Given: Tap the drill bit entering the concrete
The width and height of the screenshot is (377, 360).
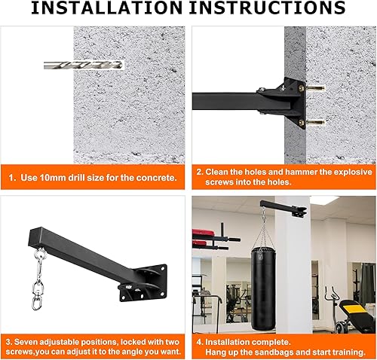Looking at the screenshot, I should click(83, 66).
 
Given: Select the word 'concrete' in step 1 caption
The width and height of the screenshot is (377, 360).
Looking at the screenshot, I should click(155, 178).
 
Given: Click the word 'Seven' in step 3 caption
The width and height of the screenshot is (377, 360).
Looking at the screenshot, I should click(31, 340).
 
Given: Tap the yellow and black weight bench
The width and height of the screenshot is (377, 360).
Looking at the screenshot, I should click(357, 311).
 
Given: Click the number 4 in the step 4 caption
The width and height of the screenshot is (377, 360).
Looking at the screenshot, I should click(199, 340).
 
